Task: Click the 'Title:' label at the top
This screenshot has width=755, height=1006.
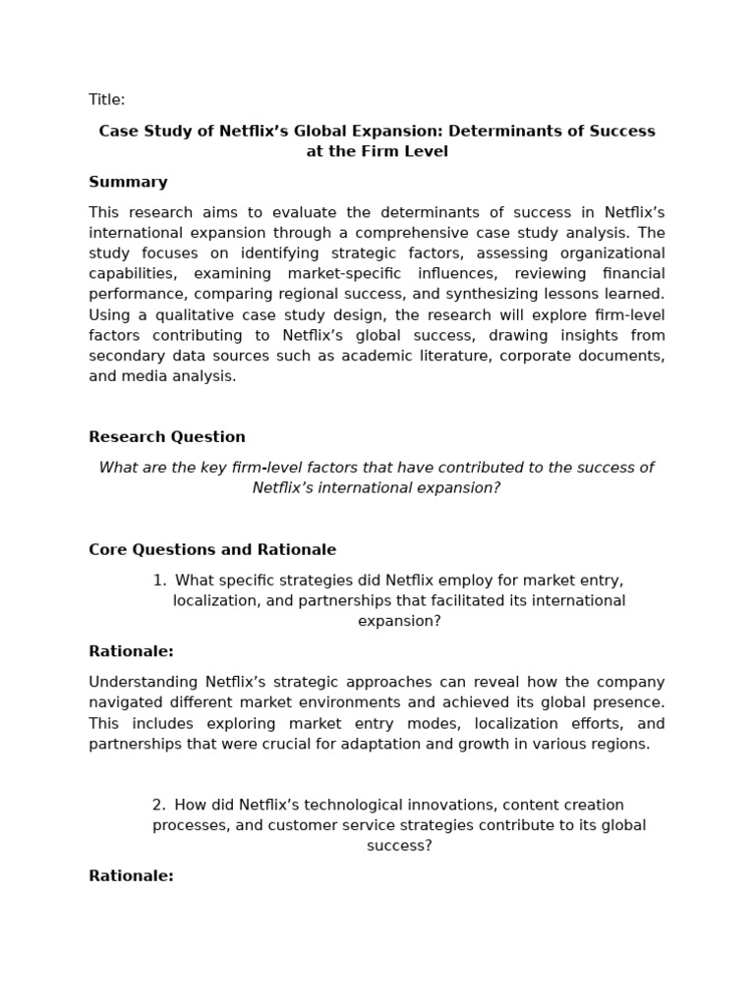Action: tap(106, 99)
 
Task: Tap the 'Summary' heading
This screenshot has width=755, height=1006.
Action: tap(128, 182)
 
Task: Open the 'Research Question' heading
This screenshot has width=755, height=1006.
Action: tap(167, 437)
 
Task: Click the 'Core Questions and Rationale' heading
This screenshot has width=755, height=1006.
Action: tap(212, 550)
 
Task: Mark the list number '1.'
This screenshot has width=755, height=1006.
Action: tap(159, 580)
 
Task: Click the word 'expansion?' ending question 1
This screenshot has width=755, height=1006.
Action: tap(399, 621)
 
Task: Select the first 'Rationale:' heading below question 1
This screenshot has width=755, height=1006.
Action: tap(131, 651)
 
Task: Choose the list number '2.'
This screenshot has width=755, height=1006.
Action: tap(159, 805)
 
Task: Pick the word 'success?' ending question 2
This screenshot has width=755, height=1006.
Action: tap(399, 846)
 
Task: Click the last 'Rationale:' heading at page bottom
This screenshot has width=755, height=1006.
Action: tap(131, 876)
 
